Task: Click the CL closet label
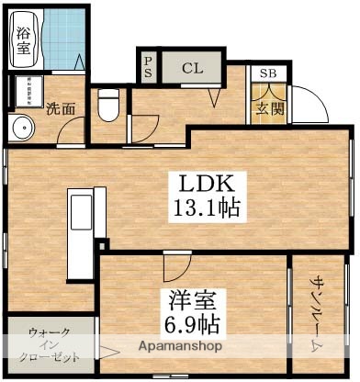click(191, 67)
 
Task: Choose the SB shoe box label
click(268, 73)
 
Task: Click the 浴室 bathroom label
click(22, 43)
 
